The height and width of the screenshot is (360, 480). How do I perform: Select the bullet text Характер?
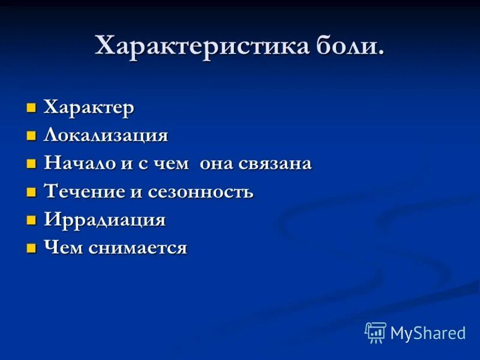coord(89,107)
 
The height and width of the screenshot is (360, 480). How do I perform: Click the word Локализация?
coord(106,135)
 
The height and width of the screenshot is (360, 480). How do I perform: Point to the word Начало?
coord(82,163)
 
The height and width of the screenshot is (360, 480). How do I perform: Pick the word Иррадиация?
coord(104,220)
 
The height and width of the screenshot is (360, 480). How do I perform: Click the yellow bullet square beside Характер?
coord(31,108)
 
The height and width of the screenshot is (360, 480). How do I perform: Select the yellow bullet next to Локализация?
coord(31,136)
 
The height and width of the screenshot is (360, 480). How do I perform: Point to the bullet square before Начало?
coord(31,164)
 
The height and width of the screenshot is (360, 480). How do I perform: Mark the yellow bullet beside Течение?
coord(31,193)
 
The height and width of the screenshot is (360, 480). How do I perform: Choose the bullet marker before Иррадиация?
coord(31,220)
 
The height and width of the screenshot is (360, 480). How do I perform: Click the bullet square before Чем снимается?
coord(31,248)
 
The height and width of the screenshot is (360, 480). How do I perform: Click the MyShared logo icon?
coord(376,332)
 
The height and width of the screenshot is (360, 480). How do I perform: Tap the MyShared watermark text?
coord(428,334)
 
